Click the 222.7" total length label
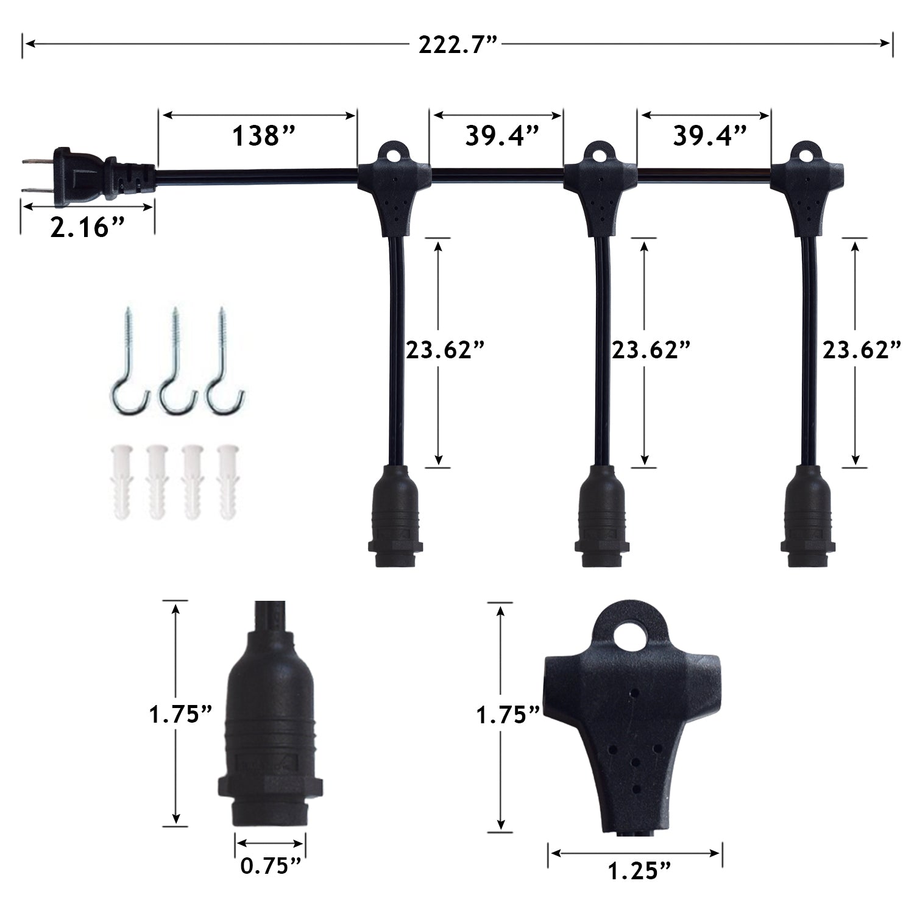coord(458,44)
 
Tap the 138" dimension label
coord(263,136)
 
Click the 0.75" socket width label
coord(271,866)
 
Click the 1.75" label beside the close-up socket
coord(181,714)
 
